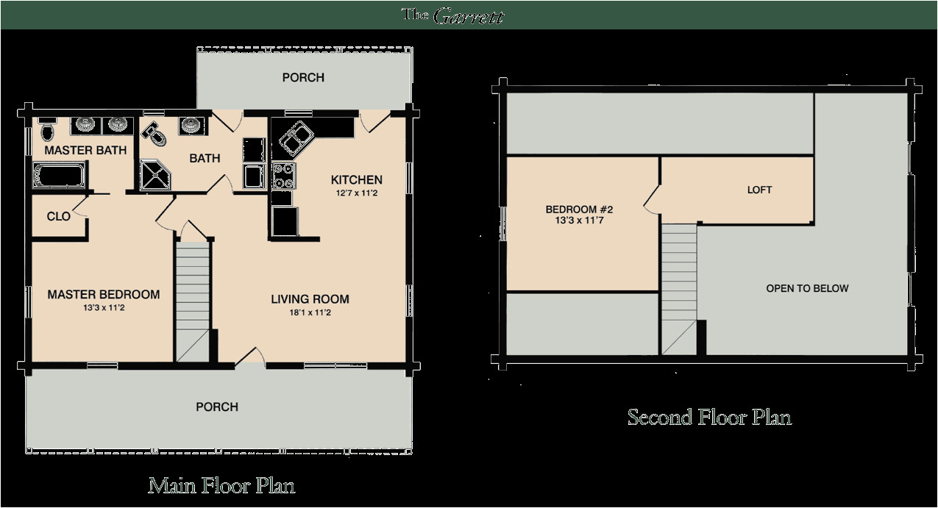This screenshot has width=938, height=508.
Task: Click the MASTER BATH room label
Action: coord(85,150)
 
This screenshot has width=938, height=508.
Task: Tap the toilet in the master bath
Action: coord(47,129)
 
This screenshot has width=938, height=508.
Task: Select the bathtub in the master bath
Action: coord(59,175)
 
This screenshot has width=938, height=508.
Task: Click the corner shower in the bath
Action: coord(155,174)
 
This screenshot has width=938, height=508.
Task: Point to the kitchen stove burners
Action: coord(283,176)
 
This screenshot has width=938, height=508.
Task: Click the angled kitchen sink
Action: coord(296,138)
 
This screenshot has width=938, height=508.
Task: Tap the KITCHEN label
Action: coord(356,180)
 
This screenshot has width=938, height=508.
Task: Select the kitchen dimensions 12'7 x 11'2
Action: coord(356,193)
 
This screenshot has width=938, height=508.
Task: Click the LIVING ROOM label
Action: coord(310,299)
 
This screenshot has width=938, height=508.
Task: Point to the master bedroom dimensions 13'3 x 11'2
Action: coord(104,308)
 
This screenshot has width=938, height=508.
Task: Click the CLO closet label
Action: coord(59,216)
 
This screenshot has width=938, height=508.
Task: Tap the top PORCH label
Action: coord(303,77)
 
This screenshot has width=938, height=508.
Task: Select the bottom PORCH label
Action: coord(217,407)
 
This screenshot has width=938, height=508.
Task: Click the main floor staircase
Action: coord(193,301)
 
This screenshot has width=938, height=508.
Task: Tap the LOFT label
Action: coord(759,190)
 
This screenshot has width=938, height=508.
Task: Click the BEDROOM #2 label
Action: coord(579,210)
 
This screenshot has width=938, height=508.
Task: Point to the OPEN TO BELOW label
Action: coord(807,288)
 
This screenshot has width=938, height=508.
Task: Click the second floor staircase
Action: coord(679,290)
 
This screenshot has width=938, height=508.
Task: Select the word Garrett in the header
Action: coord(468,16)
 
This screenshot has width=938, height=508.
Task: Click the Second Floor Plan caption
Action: coord(709,417)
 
